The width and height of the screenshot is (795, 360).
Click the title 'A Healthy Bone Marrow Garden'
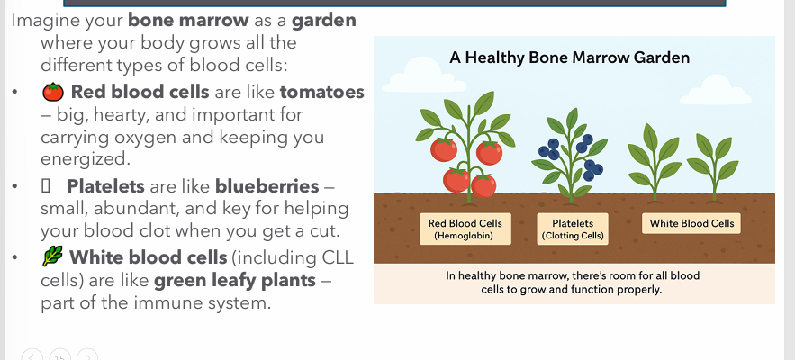point(569,58)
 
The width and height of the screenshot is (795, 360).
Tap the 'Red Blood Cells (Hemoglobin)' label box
point(465,229)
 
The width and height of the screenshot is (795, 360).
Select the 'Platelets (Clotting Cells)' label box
point(573,229)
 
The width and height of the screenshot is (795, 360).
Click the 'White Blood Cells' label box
point(691,223)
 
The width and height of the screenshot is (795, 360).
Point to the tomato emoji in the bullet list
point(52,92)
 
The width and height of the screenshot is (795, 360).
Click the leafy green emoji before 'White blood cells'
point(52,258)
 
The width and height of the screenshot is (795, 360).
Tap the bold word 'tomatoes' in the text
point(321,92)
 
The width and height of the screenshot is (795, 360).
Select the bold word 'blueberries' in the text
point(267,186)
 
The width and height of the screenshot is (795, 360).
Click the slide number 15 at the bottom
point(59,356)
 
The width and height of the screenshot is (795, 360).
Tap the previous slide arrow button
point(32,356)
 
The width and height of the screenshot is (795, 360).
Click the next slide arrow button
point(87,356)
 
